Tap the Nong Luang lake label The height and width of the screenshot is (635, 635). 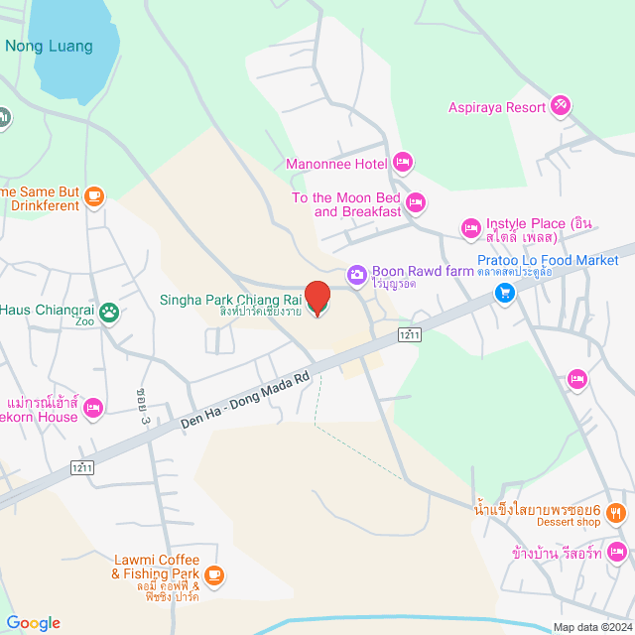(x=49, y=46)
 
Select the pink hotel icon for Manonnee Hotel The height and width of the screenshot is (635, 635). (x=402, y=161)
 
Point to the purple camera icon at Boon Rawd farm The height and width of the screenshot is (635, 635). (x=356, y=273)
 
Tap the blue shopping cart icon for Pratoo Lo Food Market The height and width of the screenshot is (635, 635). (x=506, y=293)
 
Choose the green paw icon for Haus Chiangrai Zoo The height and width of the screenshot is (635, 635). (x=109, y=313)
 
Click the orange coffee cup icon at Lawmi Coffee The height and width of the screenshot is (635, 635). (x=213, y=574)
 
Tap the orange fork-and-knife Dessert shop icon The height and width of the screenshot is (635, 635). (x=616, y=513)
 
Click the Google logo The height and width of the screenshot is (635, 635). (x=33, y=622)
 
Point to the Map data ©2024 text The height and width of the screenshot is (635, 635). (x=591, y=626)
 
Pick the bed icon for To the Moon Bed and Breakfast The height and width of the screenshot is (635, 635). (x=417, y=202)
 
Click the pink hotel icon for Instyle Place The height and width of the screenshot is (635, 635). (x=471, y=229)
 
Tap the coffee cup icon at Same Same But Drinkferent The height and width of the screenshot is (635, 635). (x=94, y=196)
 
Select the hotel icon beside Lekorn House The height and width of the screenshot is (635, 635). (x=93, y=407)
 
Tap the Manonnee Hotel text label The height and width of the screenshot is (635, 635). (x=336, y=164)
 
